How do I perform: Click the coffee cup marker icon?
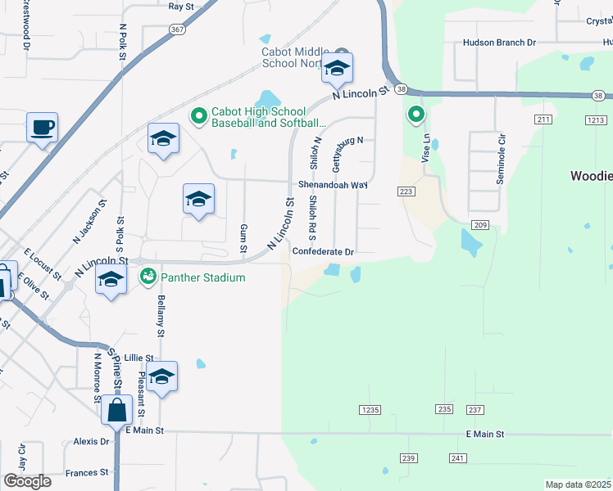(42, 128)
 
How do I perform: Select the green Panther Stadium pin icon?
(148, 277)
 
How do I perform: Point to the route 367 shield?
(177, 29)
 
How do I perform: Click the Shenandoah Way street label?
(333, 185)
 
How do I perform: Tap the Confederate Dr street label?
(323, 252)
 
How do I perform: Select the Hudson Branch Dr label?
(499, 43)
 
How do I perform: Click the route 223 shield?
(407, 191)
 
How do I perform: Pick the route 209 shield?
(480, 224)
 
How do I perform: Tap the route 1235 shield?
(370, 409)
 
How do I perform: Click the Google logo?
(27, 481)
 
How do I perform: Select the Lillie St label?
(138, 358)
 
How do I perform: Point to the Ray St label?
(180, 6)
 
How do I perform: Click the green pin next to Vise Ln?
(416, 115)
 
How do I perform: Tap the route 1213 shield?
(596, 120)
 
